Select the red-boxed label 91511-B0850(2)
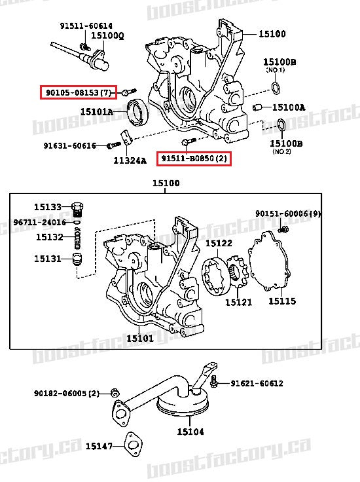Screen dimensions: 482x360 (194, 158)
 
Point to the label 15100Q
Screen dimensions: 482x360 (107, 35)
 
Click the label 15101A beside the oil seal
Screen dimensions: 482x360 (97, 112)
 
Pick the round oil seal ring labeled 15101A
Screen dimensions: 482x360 (138, 111)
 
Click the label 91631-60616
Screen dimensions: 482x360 (70, 145)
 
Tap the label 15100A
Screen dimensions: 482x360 (289, 107)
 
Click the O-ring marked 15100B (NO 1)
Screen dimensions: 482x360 (277, 88)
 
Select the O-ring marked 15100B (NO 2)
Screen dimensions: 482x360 (280, 124)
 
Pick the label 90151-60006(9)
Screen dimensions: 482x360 (288, 214)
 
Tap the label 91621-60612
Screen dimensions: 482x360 (257, 383)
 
